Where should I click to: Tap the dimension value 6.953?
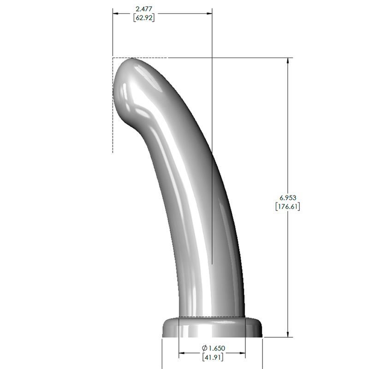(x=287, y=197)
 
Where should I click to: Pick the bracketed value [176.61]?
(x=287, y=206)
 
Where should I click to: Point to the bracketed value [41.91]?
(x=212, y=357)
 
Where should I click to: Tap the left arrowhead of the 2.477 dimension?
(x=116, y=13)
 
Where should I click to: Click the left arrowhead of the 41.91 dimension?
(x=182, y=354)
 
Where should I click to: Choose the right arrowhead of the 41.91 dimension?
(x=242, y=354)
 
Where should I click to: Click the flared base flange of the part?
(x=212, y=328)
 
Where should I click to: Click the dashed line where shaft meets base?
(x=212, y=317)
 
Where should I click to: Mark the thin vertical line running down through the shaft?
(x=212, y=184)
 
